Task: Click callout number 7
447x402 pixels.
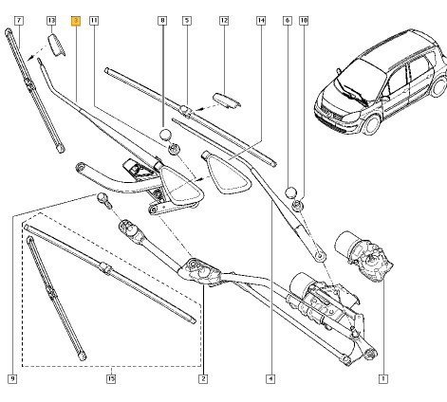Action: [x=19, y=21]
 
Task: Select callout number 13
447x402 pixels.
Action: [x=51, y=21]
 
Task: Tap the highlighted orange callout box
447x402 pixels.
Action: [x=76, y=21]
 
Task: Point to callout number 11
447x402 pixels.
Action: [x=94, y=21]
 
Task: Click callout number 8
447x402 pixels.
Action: [x=162, y=21]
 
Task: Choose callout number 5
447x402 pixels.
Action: [x=187, y=21]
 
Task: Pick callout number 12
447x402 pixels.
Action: [x=224, y=21]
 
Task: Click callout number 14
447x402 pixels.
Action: [x=261, y=21]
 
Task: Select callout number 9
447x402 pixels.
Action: [x=12, y=378]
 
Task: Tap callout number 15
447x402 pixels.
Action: [x=111, y=378]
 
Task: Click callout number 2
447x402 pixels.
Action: [x=203, y=378]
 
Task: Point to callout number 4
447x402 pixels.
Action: [x=270, y=378]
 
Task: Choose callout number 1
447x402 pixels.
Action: [x=383, y=378]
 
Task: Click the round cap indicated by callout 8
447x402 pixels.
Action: [x=165, y=135]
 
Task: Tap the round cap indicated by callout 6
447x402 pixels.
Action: [x=291, y=192]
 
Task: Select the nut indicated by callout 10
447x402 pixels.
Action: [x=299, y=206]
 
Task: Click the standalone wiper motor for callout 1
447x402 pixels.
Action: [x=363, y=256]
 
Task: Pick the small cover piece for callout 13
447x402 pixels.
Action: [x=57, y=45]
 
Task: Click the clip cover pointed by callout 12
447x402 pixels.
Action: [x=226, y=100]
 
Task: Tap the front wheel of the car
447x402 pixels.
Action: [x=371, y=123]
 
